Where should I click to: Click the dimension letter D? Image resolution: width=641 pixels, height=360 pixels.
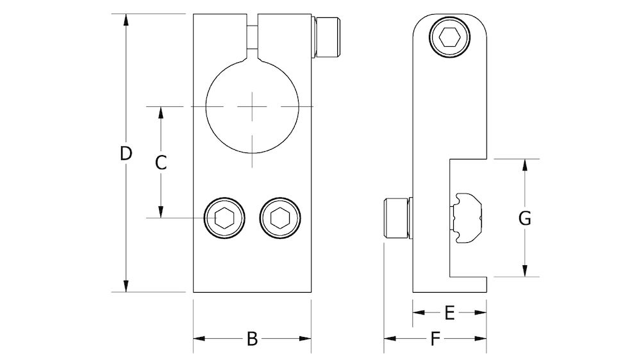(126, 154)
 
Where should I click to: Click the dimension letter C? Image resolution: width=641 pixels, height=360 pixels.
(162, 162)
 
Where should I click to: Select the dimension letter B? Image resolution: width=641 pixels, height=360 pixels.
(252, 339)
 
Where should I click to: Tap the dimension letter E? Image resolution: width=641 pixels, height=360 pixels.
(449, 313)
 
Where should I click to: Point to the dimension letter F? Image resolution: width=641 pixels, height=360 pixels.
(435, 340)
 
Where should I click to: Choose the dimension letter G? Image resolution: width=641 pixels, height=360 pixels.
(524, 218)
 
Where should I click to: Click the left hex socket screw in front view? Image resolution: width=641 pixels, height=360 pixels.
(224, 218)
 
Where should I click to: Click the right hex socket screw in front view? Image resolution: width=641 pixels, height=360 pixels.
(279, 218)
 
